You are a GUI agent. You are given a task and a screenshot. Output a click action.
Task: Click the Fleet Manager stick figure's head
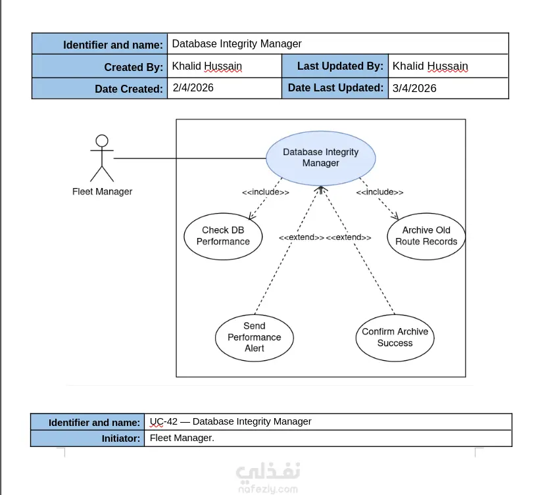tap(102, 141)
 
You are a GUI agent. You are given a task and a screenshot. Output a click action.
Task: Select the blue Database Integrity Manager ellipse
tap(321, 158)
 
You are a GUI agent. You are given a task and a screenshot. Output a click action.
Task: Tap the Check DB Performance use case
tap(223, 236)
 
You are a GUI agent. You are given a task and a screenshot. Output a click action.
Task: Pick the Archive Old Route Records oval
tap(426, 236)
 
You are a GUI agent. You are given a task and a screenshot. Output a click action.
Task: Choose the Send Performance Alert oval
tap(255, 337)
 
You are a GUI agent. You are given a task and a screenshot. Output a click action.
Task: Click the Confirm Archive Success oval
tap(395, 337)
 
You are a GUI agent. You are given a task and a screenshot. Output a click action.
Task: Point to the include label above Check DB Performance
tap(266, 192)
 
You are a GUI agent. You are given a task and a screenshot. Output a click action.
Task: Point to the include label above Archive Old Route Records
tap(379, 192)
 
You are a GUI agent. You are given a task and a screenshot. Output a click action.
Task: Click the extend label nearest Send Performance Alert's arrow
tap(301, 237)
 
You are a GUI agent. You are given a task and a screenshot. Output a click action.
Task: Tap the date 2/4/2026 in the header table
tap(193, 88)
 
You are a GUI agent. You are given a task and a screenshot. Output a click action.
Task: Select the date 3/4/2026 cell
tap(448, 88)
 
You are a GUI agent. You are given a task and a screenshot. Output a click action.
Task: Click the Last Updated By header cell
tap(335, 66)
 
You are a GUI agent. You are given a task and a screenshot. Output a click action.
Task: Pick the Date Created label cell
tap(99, 88)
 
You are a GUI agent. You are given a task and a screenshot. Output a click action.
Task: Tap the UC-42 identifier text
tap(163, 421)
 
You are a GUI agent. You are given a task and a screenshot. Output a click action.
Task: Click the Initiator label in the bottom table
tap(121, 438)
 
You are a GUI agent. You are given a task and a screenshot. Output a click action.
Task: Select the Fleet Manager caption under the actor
tap(102, 191)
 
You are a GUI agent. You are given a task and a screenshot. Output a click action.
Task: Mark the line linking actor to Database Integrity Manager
tap(189, 158)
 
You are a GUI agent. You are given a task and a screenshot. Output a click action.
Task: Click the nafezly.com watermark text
tap(268, 489)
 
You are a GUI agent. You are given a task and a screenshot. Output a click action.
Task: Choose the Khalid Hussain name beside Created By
tap(207, 66)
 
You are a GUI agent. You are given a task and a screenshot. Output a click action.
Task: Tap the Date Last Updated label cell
tap(335, 88)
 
